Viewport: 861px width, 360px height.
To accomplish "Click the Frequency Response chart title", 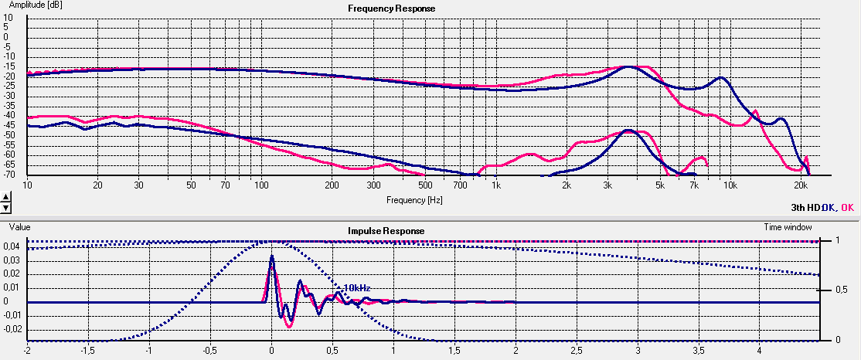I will [x=391, y=8].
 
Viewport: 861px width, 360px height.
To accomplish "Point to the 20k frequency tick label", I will [x=801, y=186].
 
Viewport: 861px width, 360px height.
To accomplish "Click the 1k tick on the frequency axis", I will [x=496, y=186].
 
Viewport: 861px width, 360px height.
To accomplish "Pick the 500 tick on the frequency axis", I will [x=424, y=186].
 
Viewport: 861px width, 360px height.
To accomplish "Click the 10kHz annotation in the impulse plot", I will [x=357, y=287].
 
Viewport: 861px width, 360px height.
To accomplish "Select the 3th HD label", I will [x=804, y=207].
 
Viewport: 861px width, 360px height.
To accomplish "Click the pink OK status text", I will [x=847, y=207].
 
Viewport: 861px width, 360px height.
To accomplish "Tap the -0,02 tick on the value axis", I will [x=13, y=329].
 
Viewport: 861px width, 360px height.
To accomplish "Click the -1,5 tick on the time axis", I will [x=88, y=350].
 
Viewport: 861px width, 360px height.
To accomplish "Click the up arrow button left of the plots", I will [x=5, y=197].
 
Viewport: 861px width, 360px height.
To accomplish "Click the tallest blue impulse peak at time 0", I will [x=272, y=256].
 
